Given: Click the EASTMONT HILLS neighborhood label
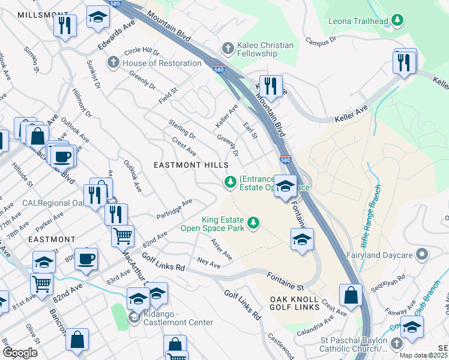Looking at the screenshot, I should [x=191, y=164].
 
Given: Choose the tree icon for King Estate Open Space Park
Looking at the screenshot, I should [x=253, y=223].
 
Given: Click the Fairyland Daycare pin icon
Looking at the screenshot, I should [x=422, y=255].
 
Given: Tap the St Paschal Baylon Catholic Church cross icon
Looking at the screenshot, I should [x=396, y=343].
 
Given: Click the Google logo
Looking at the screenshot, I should [x=20, y=353].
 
